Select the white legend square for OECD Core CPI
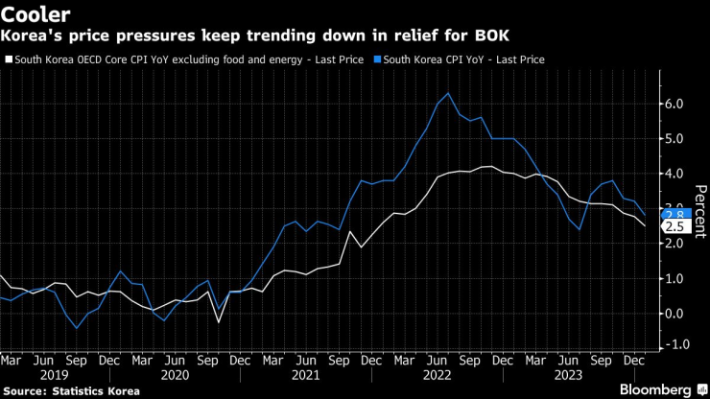[9, 59]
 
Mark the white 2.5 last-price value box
[674, 226]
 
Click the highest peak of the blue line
[448, 93]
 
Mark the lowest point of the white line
[219, 321]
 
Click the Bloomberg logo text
[654, 389]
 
